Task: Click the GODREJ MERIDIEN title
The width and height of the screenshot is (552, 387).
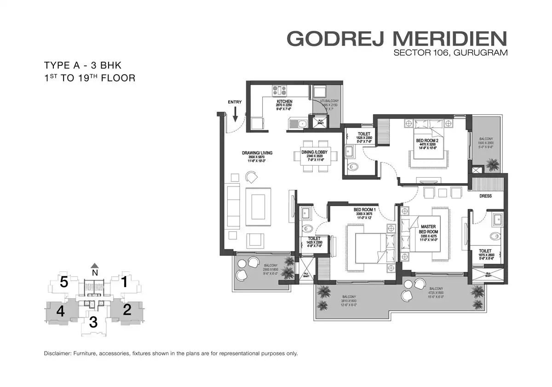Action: tap(397, 39)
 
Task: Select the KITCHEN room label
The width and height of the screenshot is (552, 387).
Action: tap(284, 101)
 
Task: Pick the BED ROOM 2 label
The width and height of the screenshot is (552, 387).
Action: tap(426, 140)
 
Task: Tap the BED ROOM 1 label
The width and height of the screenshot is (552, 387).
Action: tap(366, 210)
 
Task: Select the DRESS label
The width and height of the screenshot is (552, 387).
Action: tap(485, 196)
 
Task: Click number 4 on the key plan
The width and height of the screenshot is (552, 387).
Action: tap(60, 311)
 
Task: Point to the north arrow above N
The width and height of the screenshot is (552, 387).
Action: tap(94, 265)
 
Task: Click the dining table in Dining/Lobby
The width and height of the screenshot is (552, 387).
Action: tap(316, 156)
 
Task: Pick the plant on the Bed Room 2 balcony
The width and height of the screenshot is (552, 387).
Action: tap(492, 163)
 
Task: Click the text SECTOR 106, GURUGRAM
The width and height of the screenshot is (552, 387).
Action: tap(450, 53)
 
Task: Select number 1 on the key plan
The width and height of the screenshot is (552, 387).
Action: tap(124, 282)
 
